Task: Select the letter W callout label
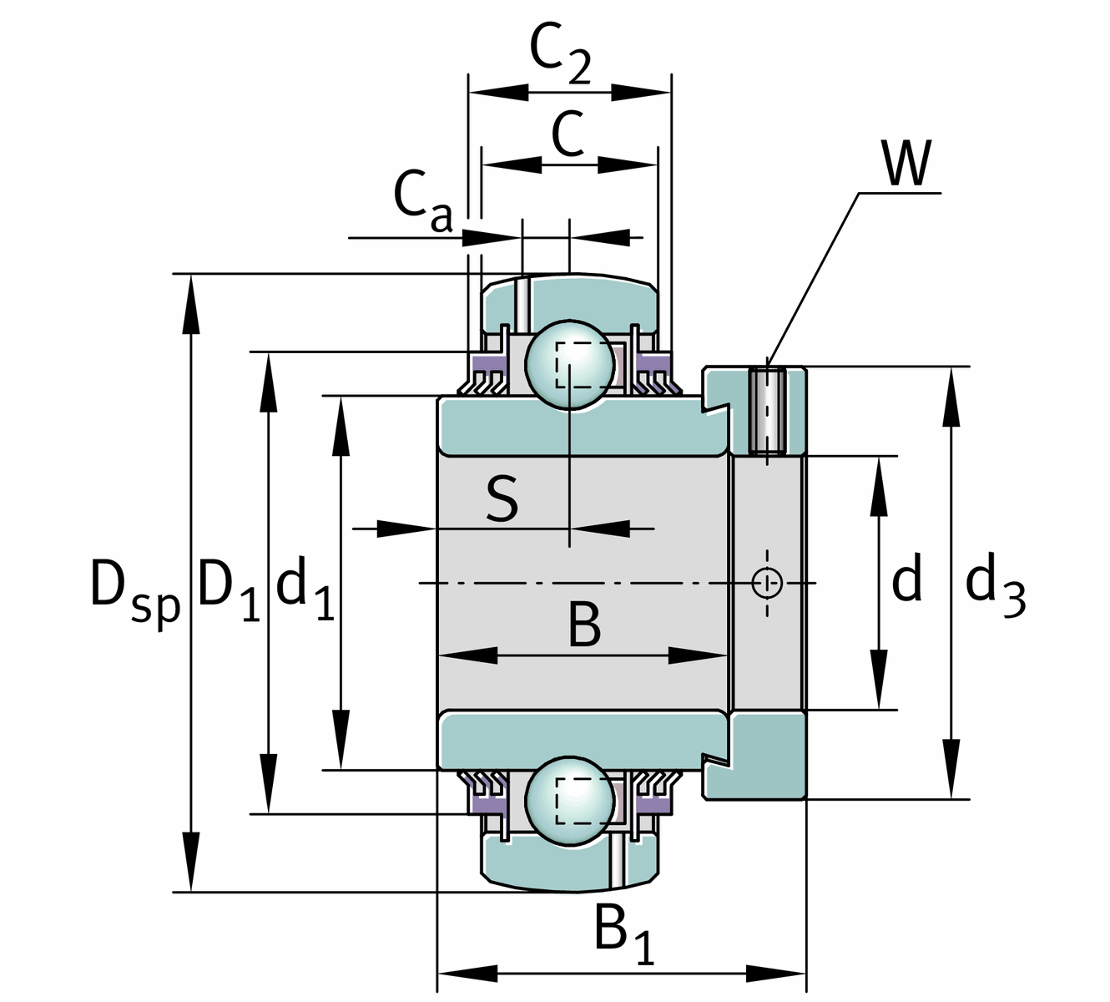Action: (x=906, y=164)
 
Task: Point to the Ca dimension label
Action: (x=422, y=200)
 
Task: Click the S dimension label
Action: (x=502, y=499)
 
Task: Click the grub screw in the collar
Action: (x=767, y=411)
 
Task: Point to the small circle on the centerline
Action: (x=766, y=582)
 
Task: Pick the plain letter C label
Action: (x=568, y=134)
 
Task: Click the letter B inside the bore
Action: (x=584, y=625)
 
